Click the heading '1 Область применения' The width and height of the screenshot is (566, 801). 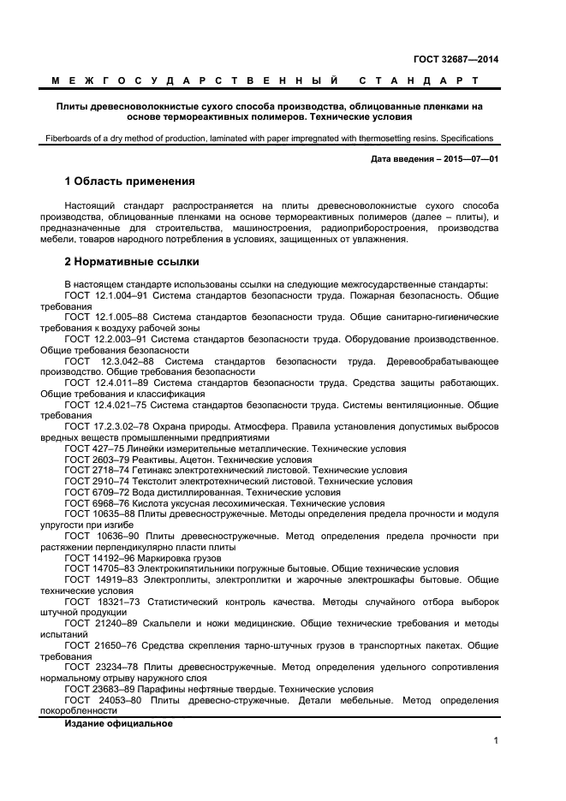(130, 181)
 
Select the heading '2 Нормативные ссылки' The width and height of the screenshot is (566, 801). (132, 261)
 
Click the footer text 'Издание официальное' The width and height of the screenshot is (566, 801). (118, 724)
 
